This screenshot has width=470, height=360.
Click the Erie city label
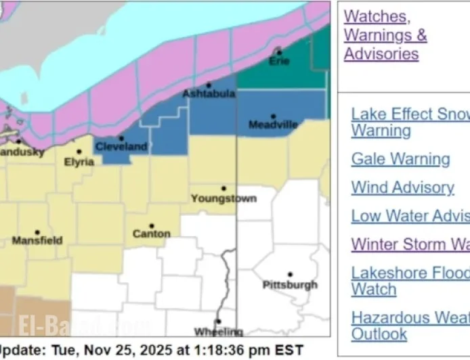(x=279, y=62)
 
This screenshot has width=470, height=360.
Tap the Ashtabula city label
(x=209, y=94)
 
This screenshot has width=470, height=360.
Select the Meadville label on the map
(x=273, y=125)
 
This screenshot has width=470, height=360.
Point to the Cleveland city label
(x=121, y=147)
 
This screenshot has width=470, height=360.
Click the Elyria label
(x=79, y=162)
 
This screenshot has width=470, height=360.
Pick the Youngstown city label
(x=223, y=199)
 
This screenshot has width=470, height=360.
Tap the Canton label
(x=151, y=234)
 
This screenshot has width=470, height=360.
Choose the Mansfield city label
(x=37, y=240)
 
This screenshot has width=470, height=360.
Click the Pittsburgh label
(x=290, y=285)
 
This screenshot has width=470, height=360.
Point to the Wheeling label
(x=218, y=332)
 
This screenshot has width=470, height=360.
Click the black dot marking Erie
(x=279, y=52)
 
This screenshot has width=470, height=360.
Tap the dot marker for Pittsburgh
(x=290, y=275)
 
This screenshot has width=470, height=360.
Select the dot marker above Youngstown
(x=223, y=189)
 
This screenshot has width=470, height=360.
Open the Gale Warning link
(x=400, y=159)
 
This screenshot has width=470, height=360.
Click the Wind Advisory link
(x=402, y=187)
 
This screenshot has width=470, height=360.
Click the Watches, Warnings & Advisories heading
(x=385, y=35)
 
